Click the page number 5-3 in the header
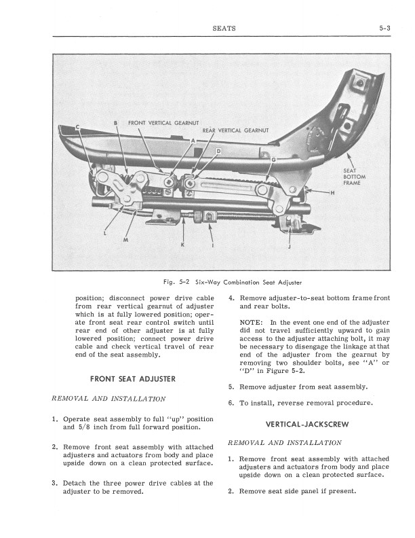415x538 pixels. click(387, 29)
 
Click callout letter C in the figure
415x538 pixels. click(77, 127)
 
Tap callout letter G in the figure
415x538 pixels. click(273, 159)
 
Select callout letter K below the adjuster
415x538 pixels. click(181, 244)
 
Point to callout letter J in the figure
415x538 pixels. click(290, 247)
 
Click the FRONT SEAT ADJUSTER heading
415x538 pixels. click(133, 378)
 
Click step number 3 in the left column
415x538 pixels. click(54, 484)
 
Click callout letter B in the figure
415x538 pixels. click(116, 123)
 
